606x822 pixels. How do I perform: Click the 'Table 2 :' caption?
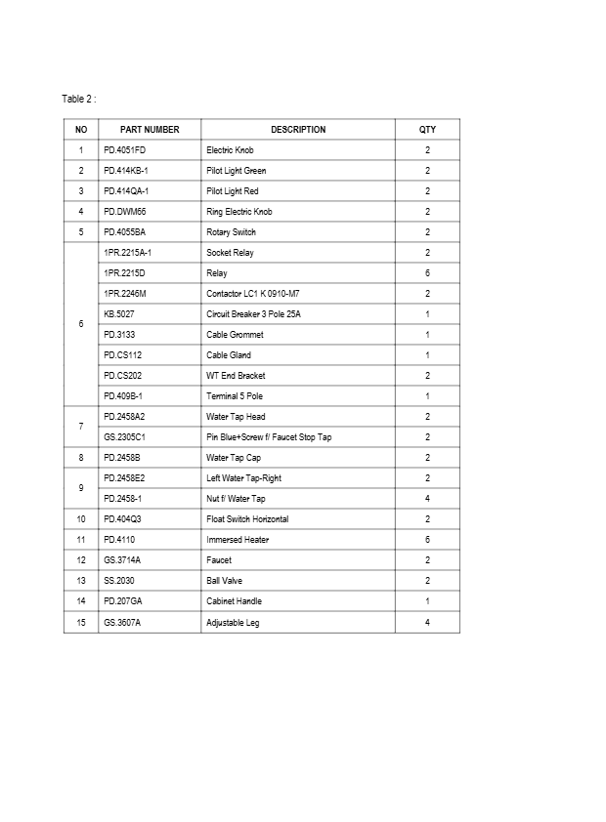[x=79, y=99]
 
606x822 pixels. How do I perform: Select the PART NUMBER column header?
[x=150, y=130]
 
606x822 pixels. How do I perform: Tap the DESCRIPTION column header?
[x=298, y=130]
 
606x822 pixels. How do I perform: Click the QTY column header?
[x=427, y=130]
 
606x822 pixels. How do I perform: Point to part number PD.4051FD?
[x=124, y=150]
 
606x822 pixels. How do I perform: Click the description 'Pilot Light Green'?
[x=237, y=171]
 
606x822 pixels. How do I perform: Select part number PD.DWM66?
[x=124, y=212]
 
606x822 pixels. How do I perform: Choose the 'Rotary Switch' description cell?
[x=231, y=232]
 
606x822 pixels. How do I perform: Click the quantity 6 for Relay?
[x=427, y=273]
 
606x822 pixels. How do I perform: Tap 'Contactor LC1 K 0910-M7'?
[x=253, y=294]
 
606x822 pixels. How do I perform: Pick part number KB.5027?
[x=119, y=314]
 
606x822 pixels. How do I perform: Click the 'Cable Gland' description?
[x=228, y=355]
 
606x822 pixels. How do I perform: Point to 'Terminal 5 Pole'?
[x=235, y=396]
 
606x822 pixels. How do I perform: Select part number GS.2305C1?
[x=124, y=437]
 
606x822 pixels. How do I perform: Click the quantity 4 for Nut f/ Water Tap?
[x=427, y=499]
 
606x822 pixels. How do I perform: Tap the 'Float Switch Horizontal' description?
[x=247, y=519]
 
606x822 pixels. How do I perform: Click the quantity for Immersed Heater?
[x=427, y=540]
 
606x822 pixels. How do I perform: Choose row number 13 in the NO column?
[x=81, y=581]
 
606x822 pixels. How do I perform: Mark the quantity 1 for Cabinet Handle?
[x=427, y=601]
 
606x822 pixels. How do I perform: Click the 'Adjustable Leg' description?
[x=233, y=623]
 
